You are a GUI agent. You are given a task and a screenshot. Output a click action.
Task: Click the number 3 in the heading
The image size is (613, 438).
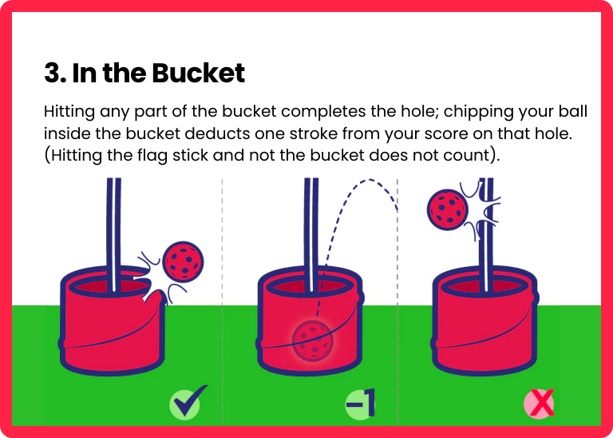pyautogui.click(x=53, y=74)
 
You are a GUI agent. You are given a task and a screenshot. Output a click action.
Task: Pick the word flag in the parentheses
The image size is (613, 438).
pyautogui.click(x=153, y=156)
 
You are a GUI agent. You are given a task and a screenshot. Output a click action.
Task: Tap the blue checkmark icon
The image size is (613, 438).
pyautogui.click(x=188, y=402)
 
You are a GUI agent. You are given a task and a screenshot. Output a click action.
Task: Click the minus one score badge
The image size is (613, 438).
pyautogui.click(x=360, y=403)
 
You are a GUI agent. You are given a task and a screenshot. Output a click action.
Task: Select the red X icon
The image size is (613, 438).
pyautogui.click(x=539, y=404)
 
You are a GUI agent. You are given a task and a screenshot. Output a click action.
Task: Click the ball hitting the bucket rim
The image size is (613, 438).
pyautogui.click(x=183, y=261)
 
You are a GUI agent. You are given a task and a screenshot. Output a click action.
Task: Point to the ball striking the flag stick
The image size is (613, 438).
pyautogui.click(x=448, y=209)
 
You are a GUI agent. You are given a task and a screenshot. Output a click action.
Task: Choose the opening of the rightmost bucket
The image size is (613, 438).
pyautogui.click(x=484, y=286)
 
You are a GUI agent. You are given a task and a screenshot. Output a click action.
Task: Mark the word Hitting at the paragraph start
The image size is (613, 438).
pyautogui.click(x=69, y=112)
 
